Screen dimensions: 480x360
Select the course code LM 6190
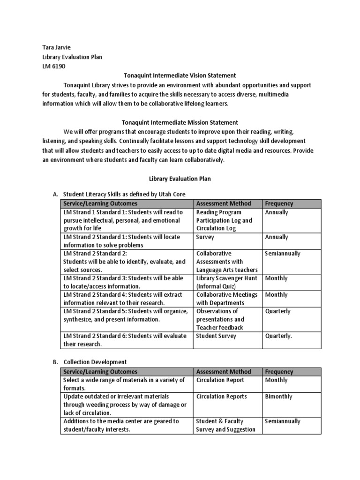(x=54, y=66)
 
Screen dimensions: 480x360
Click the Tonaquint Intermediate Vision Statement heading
(x=180, y=75)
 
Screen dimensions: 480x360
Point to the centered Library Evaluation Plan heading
(x=180, y=179)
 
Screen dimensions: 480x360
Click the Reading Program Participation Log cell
(x=224, y=220)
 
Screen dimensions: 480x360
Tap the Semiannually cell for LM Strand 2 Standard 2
(x=283, y=254)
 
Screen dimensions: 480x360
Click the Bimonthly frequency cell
(x=278, y=397)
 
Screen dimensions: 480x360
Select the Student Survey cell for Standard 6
(x=216, y=336)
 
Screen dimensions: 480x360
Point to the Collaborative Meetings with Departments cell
(x=227, y=299)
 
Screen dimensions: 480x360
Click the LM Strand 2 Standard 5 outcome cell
(x=126, y=315)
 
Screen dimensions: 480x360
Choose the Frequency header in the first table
(x=279, y=203)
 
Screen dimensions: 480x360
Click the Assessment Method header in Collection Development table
(x=224, y=372)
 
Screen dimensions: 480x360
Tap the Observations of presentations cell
(x=220, y=319)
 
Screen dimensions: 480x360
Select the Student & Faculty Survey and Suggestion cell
(x=225, y=425)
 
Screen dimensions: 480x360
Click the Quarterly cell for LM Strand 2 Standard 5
(x=278, y=311)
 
